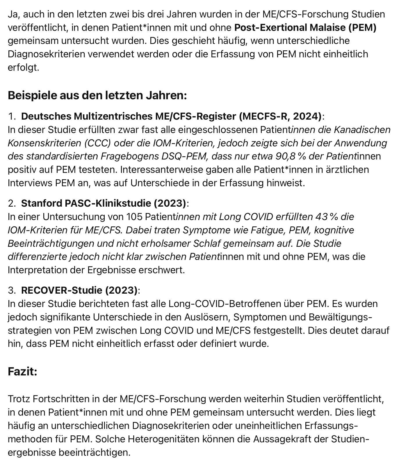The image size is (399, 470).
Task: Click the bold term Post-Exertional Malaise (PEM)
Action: coord(305,28)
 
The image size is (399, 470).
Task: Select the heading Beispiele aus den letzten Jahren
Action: coord(97,95)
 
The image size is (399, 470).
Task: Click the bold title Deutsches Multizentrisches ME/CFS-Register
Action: coord(171,116)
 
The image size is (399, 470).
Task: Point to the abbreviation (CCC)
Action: coord(98,143)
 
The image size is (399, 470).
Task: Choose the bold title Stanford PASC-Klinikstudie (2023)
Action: coord(104,203)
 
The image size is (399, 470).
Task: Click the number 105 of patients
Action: coord(134,217)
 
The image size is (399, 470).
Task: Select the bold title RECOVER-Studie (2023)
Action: coord(79,290)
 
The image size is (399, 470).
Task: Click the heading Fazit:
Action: coord(22,372)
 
